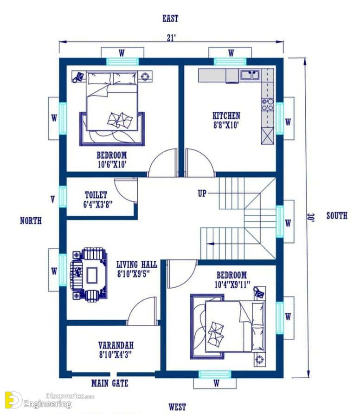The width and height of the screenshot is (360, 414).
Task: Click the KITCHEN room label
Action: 226,116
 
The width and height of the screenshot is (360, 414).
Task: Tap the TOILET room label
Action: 96,195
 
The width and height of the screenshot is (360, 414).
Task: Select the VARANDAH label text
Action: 116,345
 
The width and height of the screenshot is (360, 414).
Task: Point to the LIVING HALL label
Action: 137,264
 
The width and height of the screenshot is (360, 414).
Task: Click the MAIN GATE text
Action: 109,383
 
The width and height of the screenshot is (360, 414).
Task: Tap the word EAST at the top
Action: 171,19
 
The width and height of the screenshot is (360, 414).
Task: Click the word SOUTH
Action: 337,216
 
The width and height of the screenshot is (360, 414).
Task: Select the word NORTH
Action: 31,220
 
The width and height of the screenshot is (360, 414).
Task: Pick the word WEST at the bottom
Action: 177,407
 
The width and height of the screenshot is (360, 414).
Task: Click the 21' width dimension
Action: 171,38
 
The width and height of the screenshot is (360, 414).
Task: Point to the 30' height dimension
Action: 311,217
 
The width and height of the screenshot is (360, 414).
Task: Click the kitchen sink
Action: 250,75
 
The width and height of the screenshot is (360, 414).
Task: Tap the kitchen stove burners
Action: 267,104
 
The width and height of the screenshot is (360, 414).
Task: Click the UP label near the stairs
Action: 202,194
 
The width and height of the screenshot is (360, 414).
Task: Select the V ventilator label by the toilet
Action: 53,200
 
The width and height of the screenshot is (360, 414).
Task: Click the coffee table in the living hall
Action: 91,275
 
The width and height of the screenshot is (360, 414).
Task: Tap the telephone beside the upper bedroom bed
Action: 78,77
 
